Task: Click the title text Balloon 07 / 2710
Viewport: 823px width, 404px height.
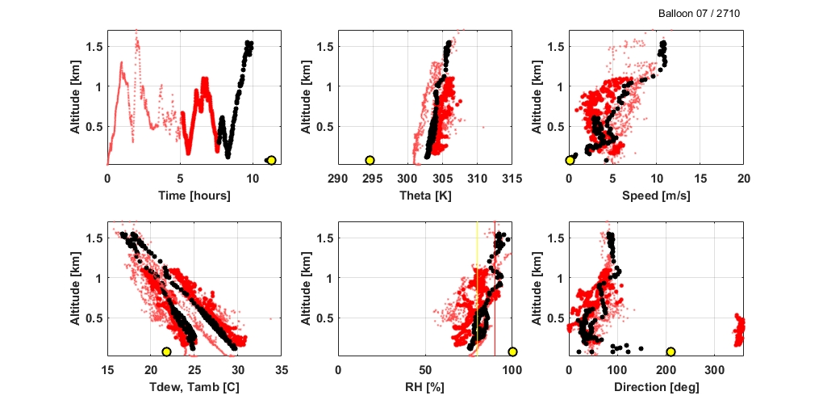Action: tap(699, 14)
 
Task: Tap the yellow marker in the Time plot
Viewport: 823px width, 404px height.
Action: tap(271, 160)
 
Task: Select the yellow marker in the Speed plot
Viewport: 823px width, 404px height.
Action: tap(570, 160)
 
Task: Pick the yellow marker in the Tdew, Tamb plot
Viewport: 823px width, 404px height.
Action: tap(166, 351)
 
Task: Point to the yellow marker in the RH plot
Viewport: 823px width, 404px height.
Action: tap(512, 351)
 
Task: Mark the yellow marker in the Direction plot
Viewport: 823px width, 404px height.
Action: tap(671, 351)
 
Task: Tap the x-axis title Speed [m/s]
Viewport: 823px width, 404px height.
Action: tap(657, 196)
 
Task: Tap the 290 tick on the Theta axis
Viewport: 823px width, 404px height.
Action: tap(338, 178)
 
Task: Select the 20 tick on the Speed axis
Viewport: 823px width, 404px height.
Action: tap(743, 178)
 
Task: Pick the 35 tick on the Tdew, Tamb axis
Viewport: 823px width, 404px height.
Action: tap(281, 369)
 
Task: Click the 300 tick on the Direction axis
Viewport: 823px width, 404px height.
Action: tap(715, 369)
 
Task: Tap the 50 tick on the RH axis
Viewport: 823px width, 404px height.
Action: tap(424, 369)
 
